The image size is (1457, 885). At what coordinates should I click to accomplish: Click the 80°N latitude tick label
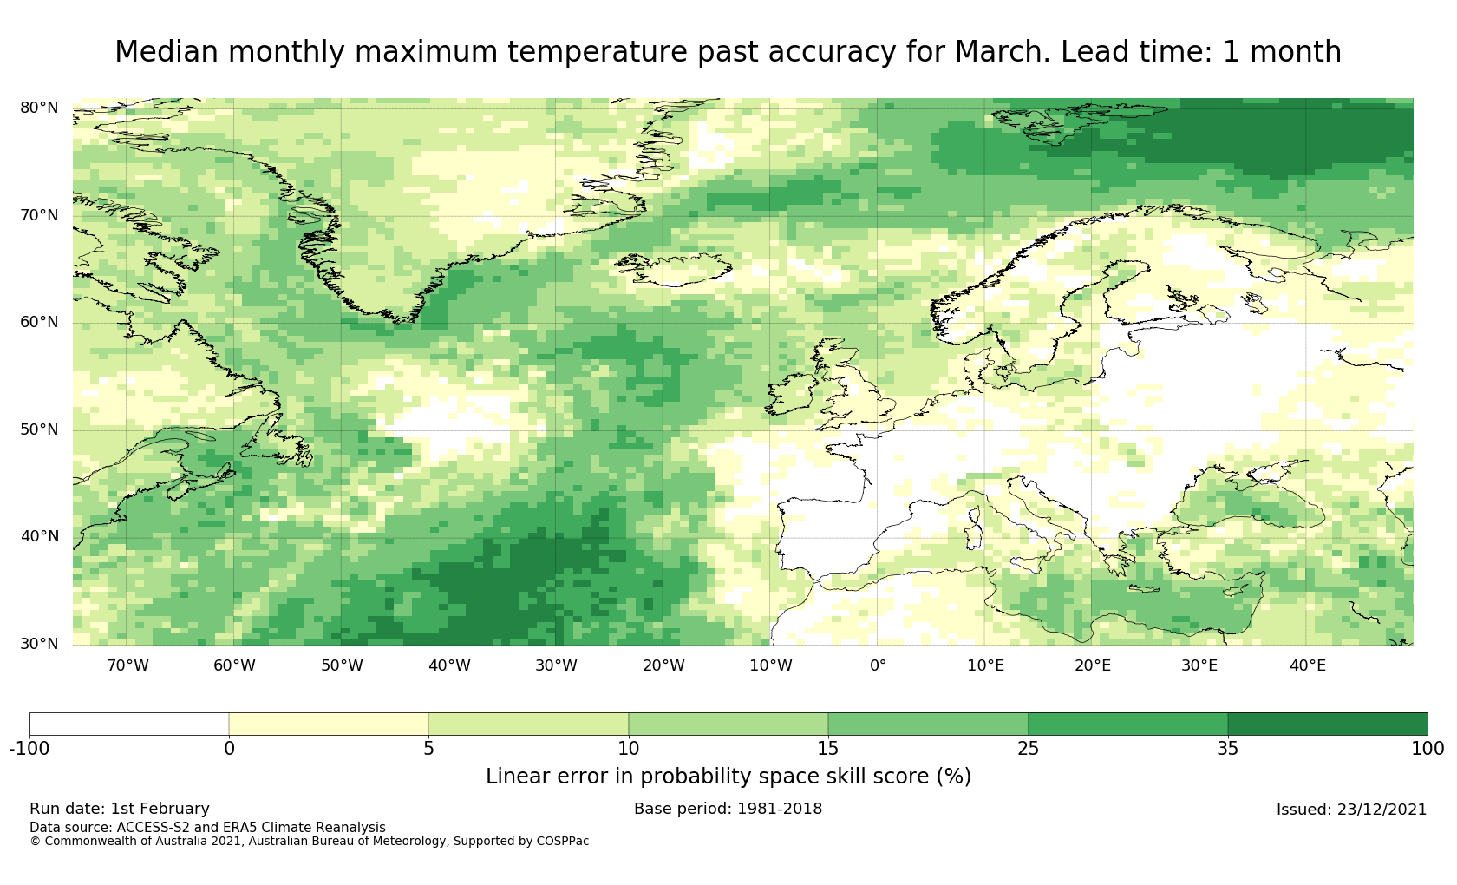(39, 108)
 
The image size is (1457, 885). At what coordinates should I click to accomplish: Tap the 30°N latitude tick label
(39, 644)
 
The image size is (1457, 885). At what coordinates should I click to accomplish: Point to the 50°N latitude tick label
(39, 429)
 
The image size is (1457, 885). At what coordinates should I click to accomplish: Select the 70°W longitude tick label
(127, 666)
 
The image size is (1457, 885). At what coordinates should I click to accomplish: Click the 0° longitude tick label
(878, 666)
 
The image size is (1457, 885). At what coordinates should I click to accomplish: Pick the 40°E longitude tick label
(1307, 666)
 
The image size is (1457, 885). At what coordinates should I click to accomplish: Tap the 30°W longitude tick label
(556, 666)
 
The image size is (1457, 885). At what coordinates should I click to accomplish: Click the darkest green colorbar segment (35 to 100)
(1327, 724)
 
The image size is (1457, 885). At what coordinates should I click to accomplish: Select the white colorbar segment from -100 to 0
(129, 724)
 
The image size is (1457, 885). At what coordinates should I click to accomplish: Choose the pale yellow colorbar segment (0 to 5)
(329, 724)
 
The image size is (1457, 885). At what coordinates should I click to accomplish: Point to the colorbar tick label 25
(1028, 749)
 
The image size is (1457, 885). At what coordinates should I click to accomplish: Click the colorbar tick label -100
(29, 749)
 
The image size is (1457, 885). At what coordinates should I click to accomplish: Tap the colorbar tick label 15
(828, 749)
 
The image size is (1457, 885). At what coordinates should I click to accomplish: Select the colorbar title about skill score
(728, 777)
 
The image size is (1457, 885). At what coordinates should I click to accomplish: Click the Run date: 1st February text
(120, 809)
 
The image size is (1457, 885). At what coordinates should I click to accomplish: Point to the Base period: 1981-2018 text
(728, 809)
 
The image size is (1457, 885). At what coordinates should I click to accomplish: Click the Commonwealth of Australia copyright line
(309, 841)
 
